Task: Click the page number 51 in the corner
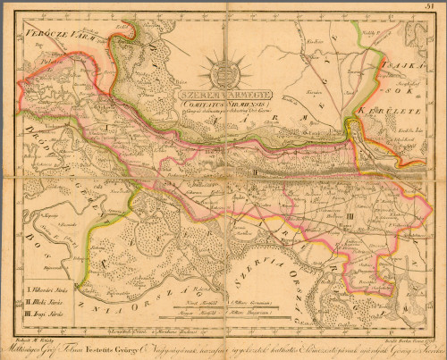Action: (438, 7)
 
